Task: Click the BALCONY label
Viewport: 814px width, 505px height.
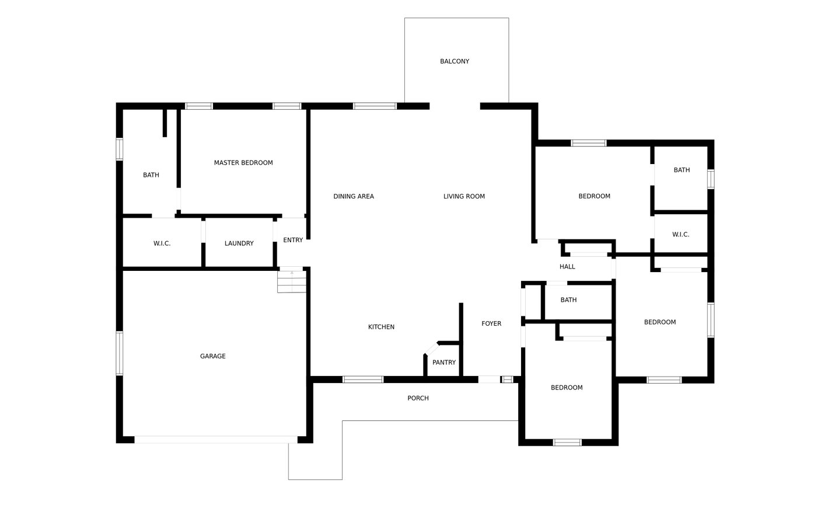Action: pyautogui.click(x=454, y=61)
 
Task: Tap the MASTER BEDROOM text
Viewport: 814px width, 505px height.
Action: pyautogui.click(x=243, y=163)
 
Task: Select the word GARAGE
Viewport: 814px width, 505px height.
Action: pyautogui.click(x=212, y=356)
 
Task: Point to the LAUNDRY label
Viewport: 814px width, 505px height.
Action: pyautogui.click(x=239, y=243)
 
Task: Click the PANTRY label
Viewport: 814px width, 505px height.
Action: pyautogui.click(x=443, y=363)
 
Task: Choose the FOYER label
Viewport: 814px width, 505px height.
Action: pyautogui.click(x=491, y=323)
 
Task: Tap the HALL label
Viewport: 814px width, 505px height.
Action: pyautogui.click(x=567, y=267)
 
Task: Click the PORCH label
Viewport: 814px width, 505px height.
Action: pyautogui.click(x=418, y=398)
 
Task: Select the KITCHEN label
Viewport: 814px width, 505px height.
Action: pyautogui.click(x=381, y=327)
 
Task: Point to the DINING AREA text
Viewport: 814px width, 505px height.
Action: pyautogui.click(x=354, y=196)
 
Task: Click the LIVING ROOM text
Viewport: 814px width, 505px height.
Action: pyautogui.click(x=464, y=196)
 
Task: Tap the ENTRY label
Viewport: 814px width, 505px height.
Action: pyautogui.click(x=293, y=240)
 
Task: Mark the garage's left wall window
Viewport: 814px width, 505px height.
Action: pyautogui.click(x=119, y=353)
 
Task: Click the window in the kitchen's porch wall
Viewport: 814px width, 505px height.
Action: pyautogui.click(x=363, y=379)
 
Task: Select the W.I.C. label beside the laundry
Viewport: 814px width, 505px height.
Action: pyautogui.click(x=162, y=243)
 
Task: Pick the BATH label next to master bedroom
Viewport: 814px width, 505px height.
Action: pyautogui.click(x=151, y=175)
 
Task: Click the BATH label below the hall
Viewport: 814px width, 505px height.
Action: pyautogui.click(x=568, y=300)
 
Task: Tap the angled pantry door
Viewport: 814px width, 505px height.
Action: pyautogui.click(x=432, y=349)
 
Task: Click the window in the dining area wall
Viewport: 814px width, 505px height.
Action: pyautogui.click(x=375, y=106)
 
